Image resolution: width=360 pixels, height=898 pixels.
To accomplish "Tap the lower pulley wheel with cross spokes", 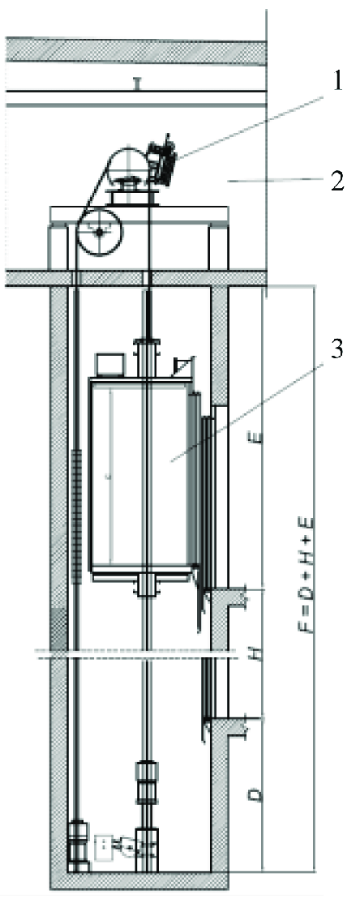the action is tap(99, 233).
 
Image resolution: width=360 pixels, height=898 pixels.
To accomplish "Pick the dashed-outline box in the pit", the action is tap(105, 847).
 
